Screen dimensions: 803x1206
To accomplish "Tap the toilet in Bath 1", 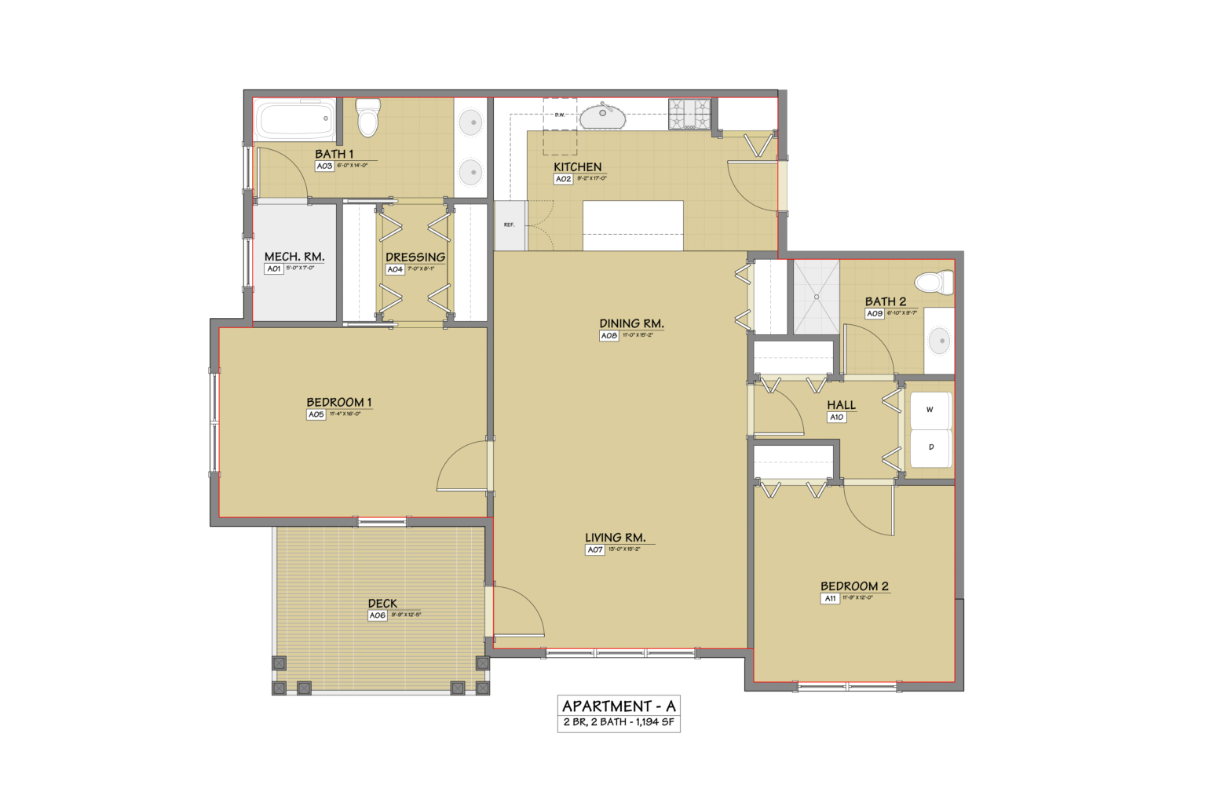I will [367, 117].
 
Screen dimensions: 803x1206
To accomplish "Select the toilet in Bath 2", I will [934, 282].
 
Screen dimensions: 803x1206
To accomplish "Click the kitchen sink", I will [602, 117].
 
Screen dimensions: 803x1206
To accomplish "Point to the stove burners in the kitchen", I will [689, 114].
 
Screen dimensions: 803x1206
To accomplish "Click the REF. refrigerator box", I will [510, 225].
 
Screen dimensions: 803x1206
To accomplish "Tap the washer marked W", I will [930, 410].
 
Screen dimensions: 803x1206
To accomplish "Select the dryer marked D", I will [930, 447].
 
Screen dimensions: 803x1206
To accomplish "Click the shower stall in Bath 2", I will [817, 297].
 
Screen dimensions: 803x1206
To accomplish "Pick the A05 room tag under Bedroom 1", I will [316, 414].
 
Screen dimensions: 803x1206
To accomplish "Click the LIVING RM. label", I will [615, 538].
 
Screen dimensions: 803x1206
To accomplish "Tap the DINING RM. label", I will [631, 323].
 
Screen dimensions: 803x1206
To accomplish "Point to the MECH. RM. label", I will [294, 257].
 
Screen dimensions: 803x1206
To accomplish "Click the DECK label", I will [382, 604].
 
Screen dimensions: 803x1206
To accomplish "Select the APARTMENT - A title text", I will [619, 706].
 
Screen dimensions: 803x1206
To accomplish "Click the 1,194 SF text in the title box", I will [655, 722].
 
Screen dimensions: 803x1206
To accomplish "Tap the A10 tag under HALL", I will [837, 418].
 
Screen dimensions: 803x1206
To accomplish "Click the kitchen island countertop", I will [633, 225].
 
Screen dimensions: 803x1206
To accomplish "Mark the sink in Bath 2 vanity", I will [940, 341].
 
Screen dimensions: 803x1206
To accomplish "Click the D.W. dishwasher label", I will [560, 115].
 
